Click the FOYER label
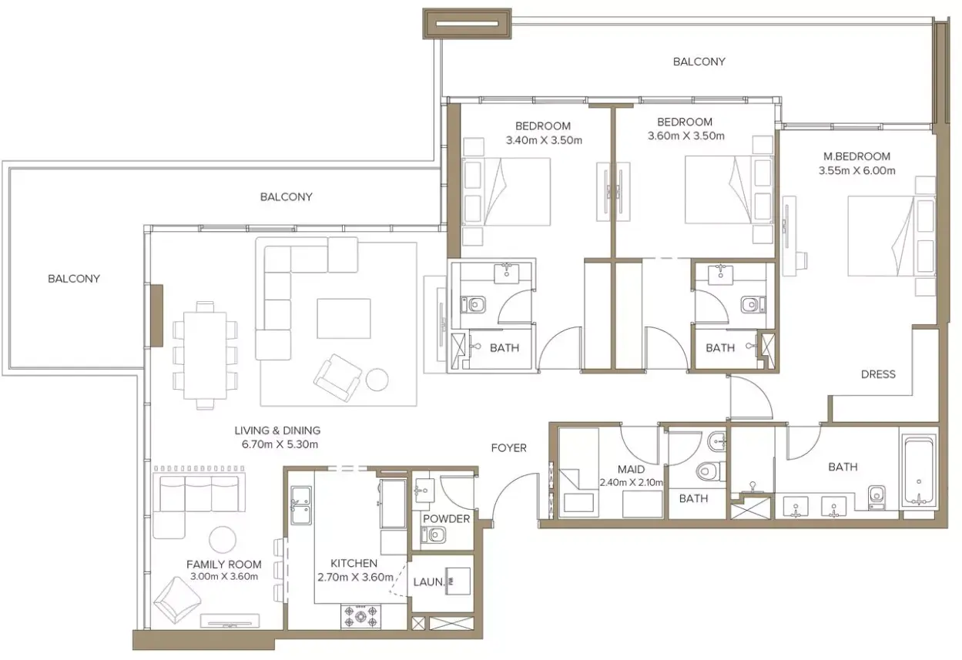[x=508, y=448]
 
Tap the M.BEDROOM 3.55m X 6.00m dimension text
[x=856, y=170]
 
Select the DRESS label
[x=878, y=374]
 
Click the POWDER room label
[x=446, y=519]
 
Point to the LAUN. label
[x=428, y=582]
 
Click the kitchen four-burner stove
[x=360, y=616]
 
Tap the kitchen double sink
[x=301, y=505]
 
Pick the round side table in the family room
[x=223, y=540]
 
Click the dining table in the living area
[x=206, y=356]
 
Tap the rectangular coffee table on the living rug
[x=344, y=319]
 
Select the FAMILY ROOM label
[x=224, y=565]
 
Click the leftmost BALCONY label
[x=74, y=279]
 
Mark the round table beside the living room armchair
[x=377, y=380]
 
